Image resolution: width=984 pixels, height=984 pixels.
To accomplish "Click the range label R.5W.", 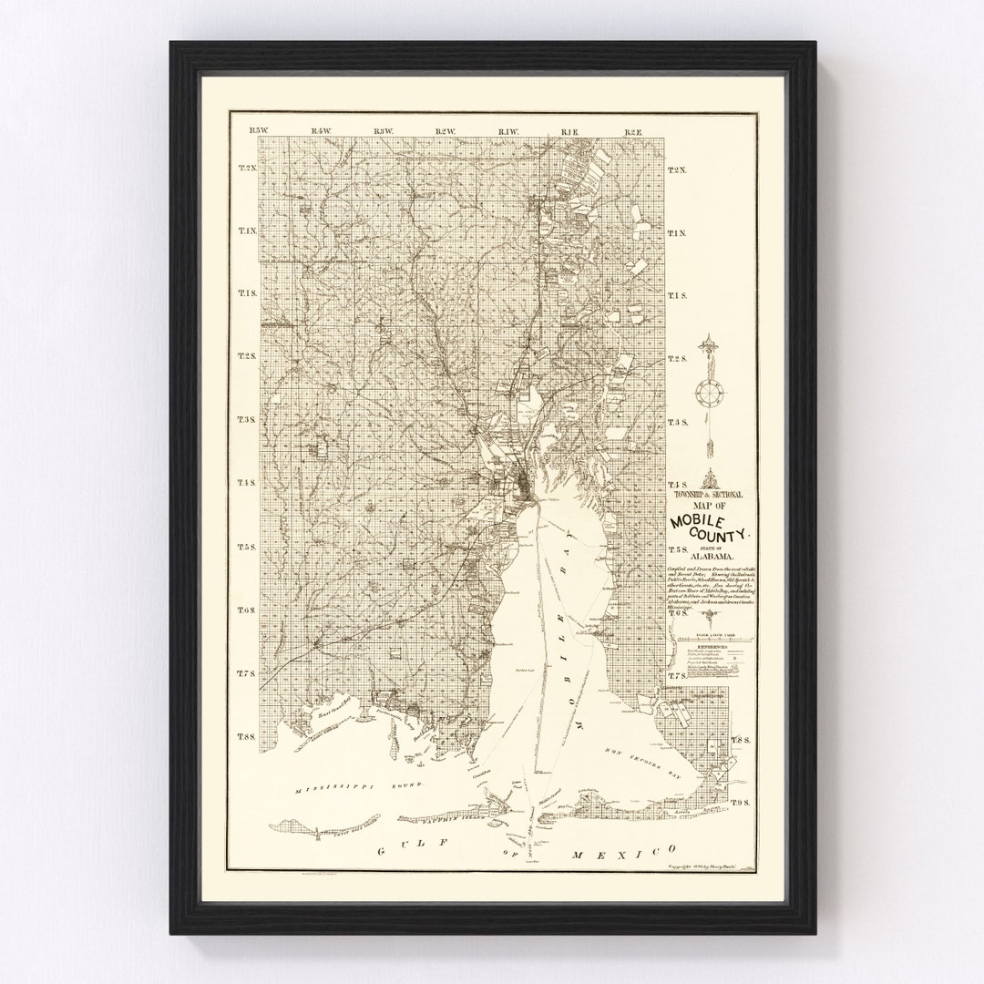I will (x=260, y=132).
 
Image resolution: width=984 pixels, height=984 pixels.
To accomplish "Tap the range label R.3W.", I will (x=384, y=132).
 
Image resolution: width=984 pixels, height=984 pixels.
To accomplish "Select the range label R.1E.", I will (x=571, y=132).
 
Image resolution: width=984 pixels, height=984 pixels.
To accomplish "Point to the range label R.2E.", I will (x=634, y=132).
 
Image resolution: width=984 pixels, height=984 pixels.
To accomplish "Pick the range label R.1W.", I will (x=508, y=132).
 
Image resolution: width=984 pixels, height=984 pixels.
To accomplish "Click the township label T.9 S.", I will (x=739, y=802).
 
